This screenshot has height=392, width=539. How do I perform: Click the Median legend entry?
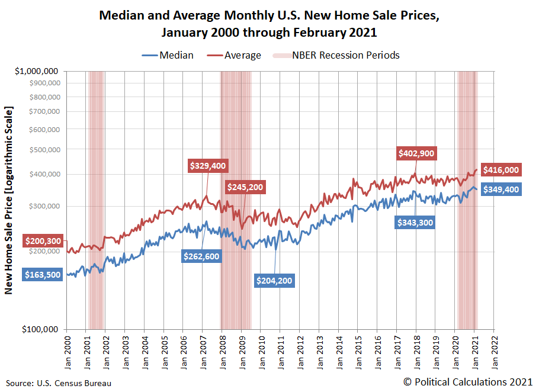pos(168,55)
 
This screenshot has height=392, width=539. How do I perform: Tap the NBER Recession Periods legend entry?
pos(335,55)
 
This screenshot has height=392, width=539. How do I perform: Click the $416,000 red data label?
pos(500,170)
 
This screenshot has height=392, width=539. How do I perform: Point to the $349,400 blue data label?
pos(500,190)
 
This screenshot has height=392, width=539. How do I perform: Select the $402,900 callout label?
pos(416,153)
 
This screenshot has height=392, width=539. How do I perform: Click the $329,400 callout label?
pos(208,166)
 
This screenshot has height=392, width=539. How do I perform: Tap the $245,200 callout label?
pos(245,187)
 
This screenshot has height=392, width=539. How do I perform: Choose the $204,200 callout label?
pos(274,280)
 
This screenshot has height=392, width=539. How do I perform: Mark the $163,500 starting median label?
pos(42,275)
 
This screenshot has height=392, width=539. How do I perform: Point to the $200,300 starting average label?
pos(42,241)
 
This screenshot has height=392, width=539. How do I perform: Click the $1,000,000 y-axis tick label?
pos(37,71)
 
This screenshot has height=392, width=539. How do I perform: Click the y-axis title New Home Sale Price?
pos(9,200)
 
